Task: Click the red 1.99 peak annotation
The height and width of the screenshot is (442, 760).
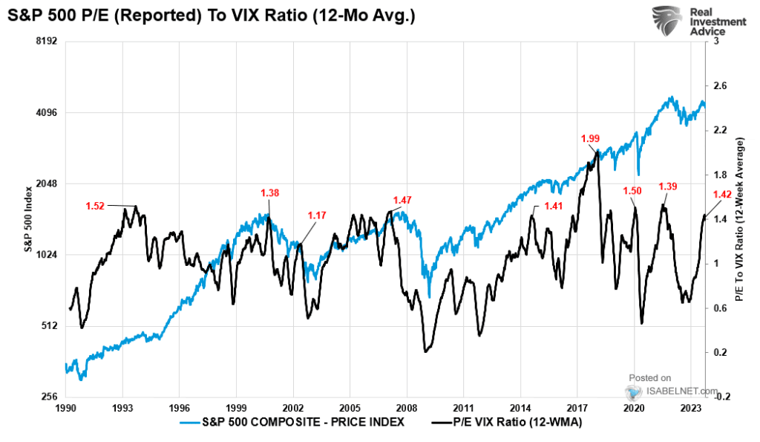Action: point(591,138)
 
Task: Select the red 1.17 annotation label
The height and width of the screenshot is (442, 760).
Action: point(317,215)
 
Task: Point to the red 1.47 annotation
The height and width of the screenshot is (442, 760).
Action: point(402,200)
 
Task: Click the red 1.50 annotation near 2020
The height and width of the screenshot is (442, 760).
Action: point(632,191)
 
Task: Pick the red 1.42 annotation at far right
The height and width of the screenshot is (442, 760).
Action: point(723,195)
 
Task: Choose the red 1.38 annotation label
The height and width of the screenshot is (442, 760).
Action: point(270,193)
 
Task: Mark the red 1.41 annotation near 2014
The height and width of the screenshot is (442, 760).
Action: point(554,206)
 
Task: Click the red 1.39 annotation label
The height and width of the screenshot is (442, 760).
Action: point(668,186)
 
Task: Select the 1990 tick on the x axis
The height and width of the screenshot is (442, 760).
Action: point(66,409)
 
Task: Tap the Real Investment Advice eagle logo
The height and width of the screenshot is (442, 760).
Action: point(666,22)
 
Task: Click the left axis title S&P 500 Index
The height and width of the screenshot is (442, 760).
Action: point(27,220)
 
